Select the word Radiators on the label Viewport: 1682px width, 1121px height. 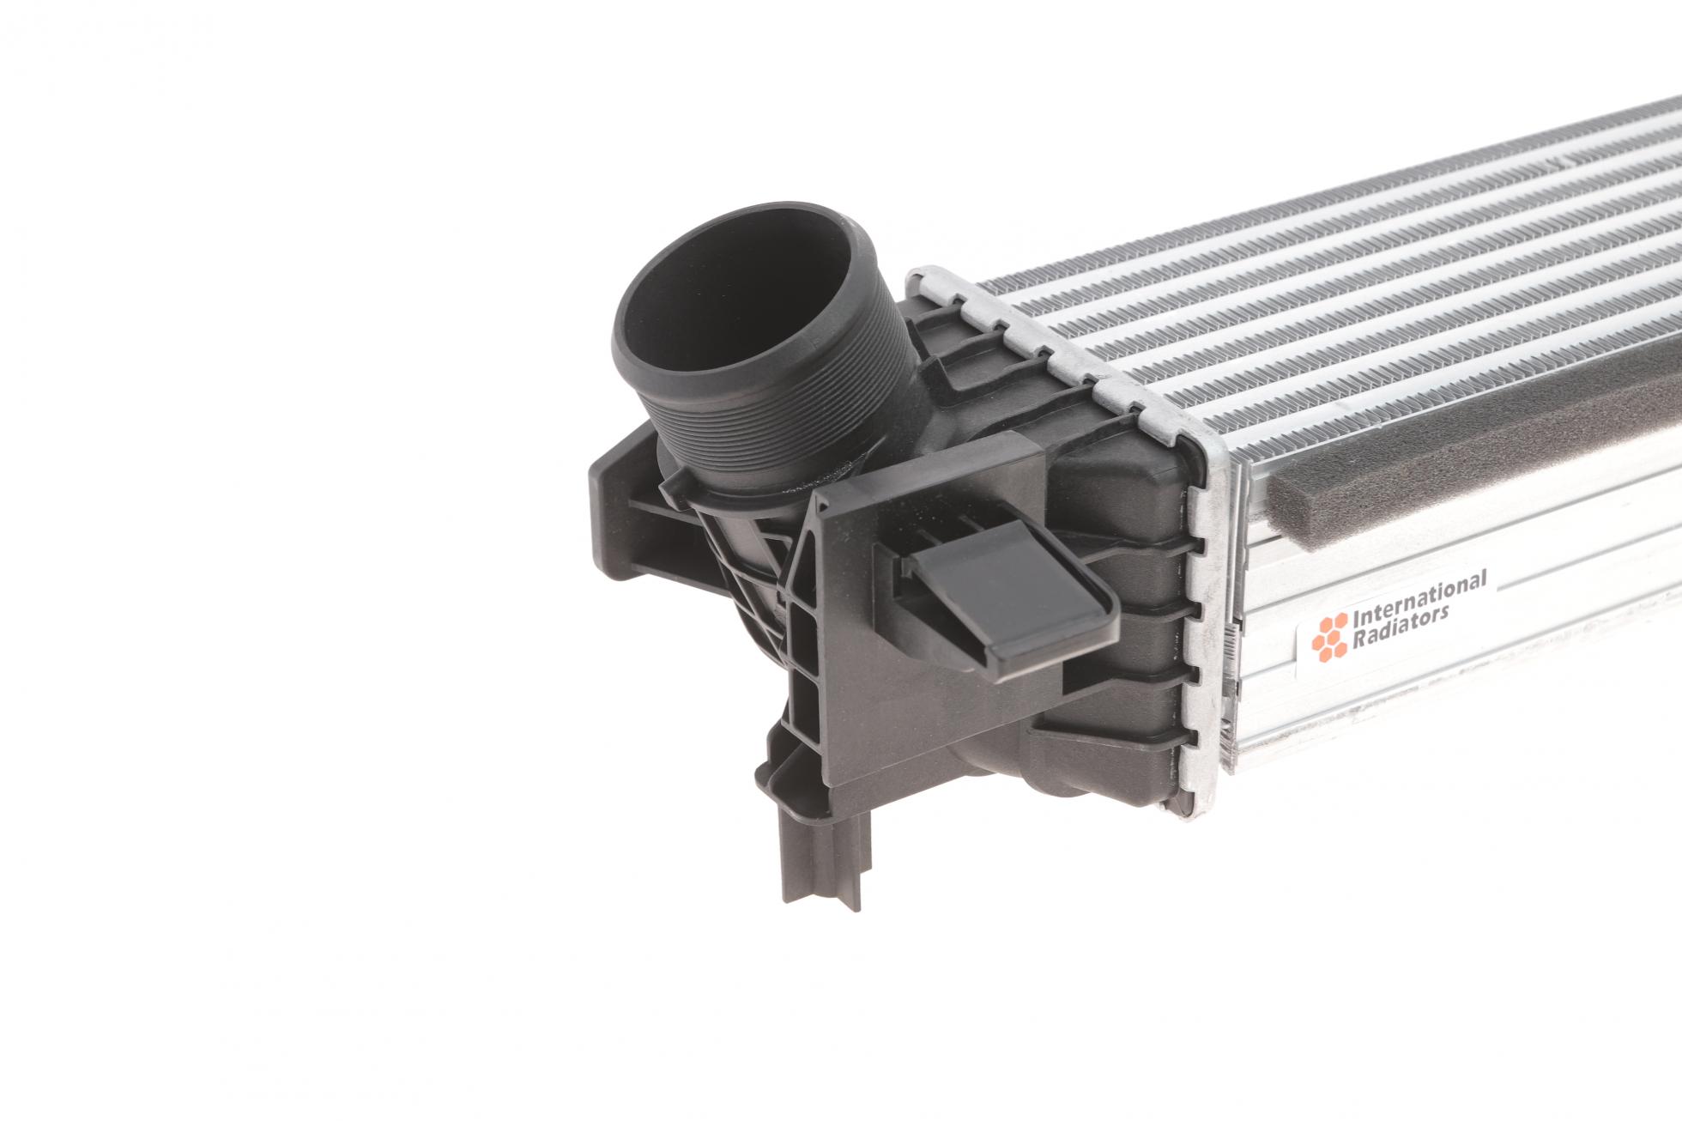pyautogui.click(x=1400, y=626)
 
